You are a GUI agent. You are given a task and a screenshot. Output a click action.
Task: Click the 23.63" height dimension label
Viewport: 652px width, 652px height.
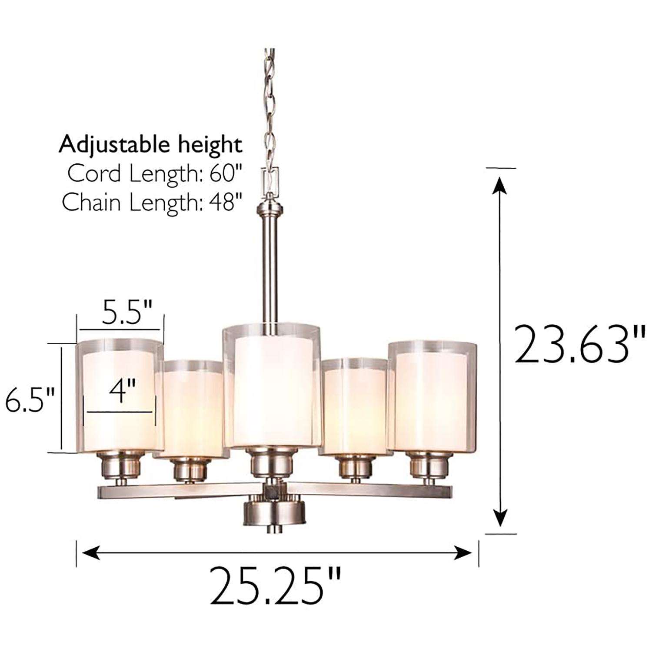[579, 344]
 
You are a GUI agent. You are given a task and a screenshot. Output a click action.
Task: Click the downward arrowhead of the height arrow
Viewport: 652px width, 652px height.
[501, 517]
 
